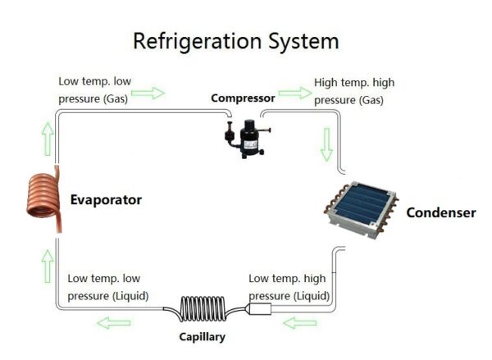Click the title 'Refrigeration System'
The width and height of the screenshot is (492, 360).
tap(235, 41)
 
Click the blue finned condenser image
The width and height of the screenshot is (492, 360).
tap(362, 210)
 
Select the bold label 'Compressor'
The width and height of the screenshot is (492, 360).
tap(243, 98)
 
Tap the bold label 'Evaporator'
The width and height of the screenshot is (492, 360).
tap(106, 199)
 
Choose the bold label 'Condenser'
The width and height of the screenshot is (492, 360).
tap(441, 212)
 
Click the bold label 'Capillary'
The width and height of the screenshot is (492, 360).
tap(202, 336)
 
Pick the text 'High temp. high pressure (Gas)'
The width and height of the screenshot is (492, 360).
tap(349, 92)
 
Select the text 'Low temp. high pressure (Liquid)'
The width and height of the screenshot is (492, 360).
tap(289, 286)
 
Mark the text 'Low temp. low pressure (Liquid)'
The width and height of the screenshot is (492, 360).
tap(107, 286)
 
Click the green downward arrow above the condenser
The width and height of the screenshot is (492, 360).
tap(326, 144)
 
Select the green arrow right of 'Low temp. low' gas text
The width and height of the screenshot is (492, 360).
tap(148, 93)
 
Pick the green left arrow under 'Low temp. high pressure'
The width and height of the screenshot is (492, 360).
tap(299, 323)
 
